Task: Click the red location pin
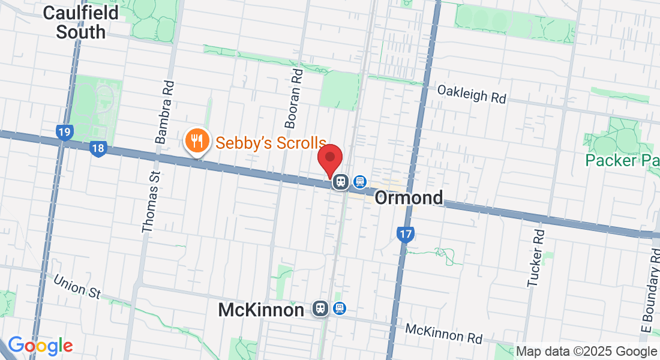(x=329, y=160)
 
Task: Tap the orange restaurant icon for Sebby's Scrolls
(x=196, y=142)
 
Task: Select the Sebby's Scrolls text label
(x=271, y=143)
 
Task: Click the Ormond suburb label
(x=409, y=197)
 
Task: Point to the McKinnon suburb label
(x=261, y=310)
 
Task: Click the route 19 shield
(x=64, y=132)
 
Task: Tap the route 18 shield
(x=98, y=149)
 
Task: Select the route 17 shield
(x=406, y=234)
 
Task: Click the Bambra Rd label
(x=165, y=112)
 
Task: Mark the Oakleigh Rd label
(x=472, y=94)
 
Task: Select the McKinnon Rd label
(x=443, y=334)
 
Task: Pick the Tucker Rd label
(x=535, y=259)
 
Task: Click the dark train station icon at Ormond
(x=341, y=181)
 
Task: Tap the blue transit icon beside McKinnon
(x=340, y=308)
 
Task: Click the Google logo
(x=40, y=346)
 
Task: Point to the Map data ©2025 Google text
(x=586, y=351)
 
